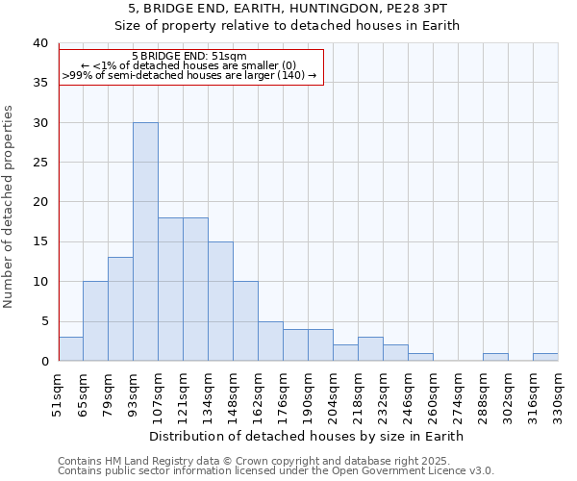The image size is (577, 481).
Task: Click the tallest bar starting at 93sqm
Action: tap(145, 241)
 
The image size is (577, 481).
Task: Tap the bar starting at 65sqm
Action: tap(95, 321)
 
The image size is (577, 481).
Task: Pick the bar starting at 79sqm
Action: tap(120, 309)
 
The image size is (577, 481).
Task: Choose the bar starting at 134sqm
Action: tap(220, 301)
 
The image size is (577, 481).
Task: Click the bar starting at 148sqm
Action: tap(245, 321)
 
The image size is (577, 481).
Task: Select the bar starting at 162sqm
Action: tap(270, 342)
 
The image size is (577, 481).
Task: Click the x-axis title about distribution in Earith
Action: tap(307, 436)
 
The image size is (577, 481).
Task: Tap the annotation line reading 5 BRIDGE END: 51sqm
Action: tap(189, 56)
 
